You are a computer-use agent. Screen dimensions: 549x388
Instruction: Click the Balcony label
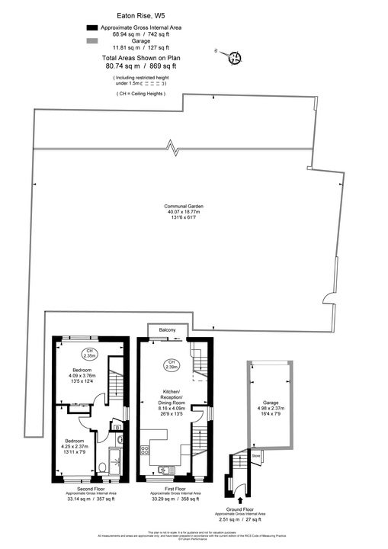coord(167,329)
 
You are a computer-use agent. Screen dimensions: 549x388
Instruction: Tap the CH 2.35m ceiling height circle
coord(90,352)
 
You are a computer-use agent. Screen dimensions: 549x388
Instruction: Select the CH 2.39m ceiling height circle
coord(172,364)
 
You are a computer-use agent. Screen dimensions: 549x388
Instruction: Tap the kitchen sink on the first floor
coord(164,468)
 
